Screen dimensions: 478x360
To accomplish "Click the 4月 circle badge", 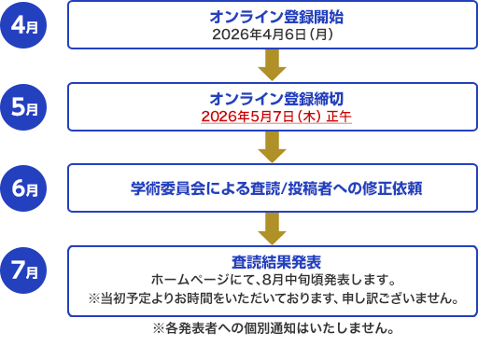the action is [x=23, y=25].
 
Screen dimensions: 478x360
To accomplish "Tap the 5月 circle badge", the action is [x=23, y=107].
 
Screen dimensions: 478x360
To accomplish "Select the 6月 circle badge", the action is [x=23, y=188].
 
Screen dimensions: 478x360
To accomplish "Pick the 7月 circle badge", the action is [x=23, y=270].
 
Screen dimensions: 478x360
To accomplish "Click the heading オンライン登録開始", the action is [x=276, y=17].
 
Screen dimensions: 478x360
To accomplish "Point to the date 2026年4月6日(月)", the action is [x=273, y=35].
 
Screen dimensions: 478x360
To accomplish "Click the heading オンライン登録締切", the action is [x=276, y=99].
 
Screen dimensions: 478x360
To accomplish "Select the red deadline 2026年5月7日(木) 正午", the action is [x=276, y=117].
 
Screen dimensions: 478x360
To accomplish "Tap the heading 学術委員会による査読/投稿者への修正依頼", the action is [x=276, y=188].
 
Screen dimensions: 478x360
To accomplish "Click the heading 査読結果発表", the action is [x=276, y=262].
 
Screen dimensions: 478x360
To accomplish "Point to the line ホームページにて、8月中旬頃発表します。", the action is [x=274, y=280].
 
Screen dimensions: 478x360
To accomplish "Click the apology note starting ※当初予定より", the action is [x=274, y=298].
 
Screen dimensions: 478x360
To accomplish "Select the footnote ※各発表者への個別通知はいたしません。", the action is [x=274, y=328].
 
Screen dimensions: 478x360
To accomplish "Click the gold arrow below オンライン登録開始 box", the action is [x=272, y=65].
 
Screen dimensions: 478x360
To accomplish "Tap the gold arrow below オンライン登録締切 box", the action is [x=272, y=147].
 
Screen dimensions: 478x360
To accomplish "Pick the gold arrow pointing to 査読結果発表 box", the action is [x=272, y=228].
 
